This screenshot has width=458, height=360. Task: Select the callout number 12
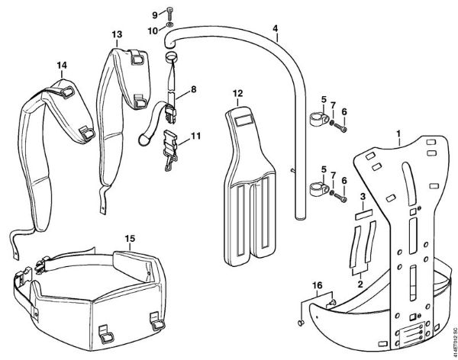pos(237,93)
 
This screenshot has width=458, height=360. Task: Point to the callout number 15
pos(130,239)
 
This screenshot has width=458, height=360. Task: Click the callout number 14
pos(61,66)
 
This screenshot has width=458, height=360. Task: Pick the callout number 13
pos(116,34)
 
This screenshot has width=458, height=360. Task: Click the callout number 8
pos(193,89)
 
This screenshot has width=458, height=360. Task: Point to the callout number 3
pos(362,198)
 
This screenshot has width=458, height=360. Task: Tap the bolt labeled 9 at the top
pos(169,15)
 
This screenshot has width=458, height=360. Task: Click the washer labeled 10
pos(169,31)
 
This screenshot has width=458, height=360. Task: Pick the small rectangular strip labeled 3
pos(363,217)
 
